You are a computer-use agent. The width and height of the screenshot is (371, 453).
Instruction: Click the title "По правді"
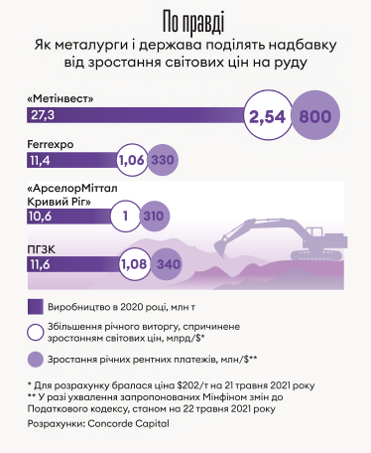185,23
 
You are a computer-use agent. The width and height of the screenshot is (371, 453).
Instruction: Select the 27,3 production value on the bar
43,116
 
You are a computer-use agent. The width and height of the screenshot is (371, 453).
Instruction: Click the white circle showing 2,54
267,117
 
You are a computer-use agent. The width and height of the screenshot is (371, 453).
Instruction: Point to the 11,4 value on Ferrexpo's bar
41,159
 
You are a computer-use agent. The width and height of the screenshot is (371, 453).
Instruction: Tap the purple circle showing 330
163,160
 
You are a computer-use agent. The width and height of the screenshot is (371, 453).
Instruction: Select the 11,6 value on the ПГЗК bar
41,265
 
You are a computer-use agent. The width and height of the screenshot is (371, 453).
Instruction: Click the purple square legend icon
36,305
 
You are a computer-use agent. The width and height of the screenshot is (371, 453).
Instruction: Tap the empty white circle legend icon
36,333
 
